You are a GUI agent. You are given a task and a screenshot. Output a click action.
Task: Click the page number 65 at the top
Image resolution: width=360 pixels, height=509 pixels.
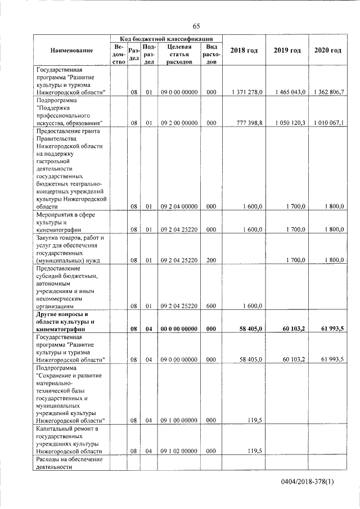pyautogui.click(x=196, y=26)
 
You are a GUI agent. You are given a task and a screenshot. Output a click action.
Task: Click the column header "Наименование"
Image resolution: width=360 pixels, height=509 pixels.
pyautogui.click(x=71, y=51)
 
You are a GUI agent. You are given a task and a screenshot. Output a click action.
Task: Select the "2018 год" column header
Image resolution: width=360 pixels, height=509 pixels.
pyautogui.click(x=244, y=51)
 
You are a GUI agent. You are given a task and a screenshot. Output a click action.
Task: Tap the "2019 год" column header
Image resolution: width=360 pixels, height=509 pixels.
pyautogui.click(x=287, y=51)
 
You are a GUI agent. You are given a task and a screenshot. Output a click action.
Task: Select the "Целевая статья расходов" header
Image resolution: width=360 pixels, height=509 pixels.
pyautogui.click(x=179, y=54)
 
